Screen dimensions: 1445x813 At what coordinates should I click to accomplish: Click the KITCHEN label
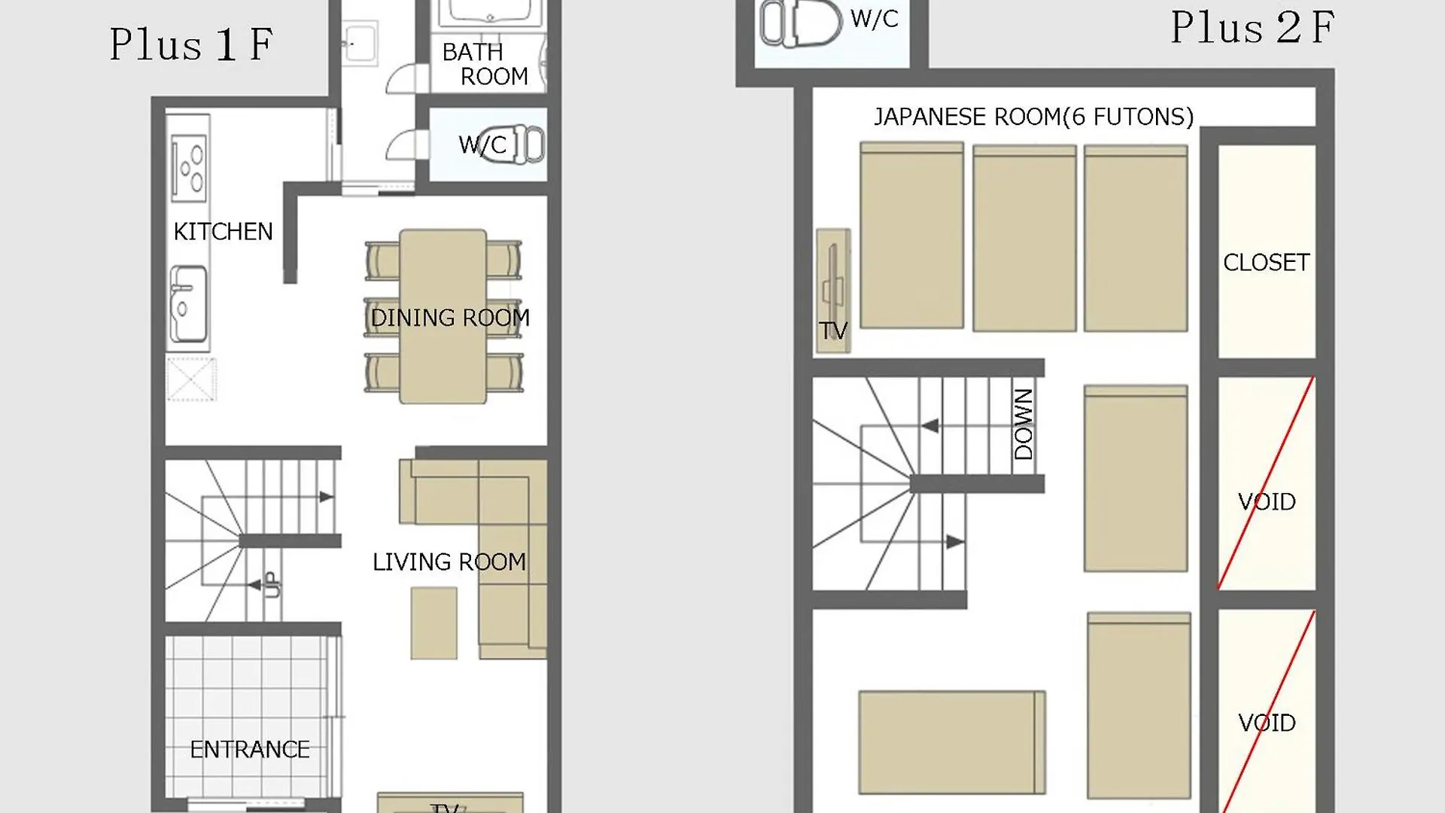pos(223,232)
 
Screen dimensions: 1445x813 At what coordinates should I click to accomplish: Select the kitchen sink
pos(187,304)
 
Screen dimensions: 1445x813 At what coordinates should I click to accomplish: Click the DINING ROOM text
pos(450,318)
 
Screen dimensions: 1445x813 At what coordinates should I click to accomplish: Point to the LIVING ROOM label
pos(449,562)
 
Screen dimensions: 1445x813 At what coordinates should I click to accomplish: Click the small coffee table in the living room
pos(433,623)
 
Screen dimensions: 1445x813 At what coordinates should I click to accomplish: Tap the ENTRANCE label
pos(250,750)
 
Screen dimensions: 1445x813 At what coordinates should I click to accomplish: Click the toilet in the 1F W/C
pos(518,144)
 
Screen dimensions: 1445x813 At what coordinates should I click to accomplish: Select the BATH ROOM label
pos(485,64)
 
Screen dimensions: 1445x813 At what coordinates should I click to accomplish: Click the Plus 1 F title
pos(191,44)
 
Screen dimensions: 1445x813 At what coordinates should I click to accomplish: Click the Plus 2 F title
pos(1252,28)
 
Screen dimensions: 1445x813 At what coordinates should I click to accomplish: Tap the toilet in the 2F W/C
pos(800,23)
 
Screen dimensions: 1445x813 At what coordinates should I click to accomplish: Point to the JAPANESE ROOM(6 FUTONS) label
pos(1033,117)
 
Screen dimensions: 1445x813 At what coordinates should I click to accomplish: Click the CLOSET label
pos(1267,263)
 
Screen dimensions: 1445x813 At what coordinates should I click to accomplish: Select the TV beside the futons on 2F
pos(833,291)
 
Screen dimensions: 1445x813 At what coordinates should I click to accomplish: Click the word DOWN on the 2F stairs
pos(1024,425)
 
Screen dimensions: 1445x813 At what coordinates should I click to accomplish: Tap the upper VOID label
pos(1267,502)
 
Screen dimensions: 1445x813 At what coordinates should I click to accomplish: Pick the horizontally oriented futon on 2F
pos(952,742)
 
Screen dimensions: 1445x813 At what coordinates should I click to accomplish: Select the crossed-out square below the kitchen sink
pos(191,379)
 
